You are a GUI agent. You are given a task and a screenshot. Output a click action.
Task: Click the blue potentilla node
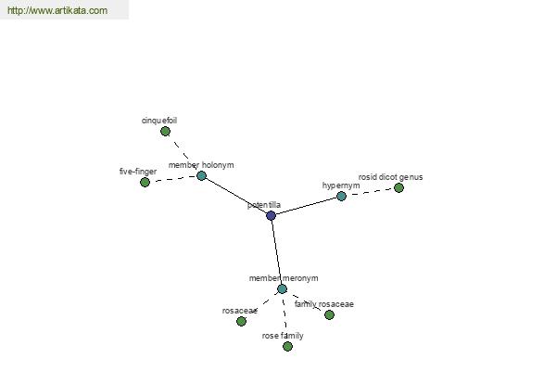[x=271, y=215]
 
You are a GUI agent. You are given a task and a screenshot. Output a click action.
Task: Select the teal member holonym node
[x=201, y=175]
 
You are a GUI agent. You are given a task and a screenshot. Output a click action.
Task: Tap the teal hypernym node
[x=341, y=196]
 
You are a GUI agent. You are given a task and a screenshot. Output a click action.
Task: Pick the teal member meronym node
[x=282, y=288]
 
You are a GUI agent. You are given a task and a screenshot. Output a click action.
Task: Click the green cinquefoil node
[x=165, y=132]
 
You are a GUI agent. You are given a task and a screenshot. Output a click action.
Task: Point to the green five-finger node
[x=145, y=182]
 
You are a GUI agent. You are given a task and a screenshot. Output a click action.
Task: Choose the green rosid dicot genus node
[x=398, y=187]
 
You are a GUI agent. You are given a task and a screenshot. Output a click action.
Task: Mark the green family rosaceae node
[x=329, y=314]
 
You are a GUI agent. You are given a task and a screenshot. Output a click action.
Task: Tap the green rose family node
[x=287, y=346]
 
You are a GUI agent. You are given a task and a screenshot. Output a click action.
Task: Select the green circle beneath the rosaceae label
[x=241, y=321]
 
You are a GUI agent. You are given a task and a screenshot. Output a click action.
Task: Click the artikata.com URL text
[x=57, y=10]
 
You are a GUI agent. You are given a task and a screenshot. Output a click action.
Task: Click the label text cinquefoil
[x=159, y=121]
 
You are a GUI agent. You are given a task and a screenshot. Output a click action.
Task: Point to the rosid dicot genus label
[x=390, y=177]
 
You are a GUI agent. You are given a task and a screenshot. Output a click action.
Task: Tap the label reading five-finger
[x=138, y=172]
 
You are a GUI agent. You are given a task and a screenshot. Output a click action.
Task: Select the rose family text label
[x=283, y=336]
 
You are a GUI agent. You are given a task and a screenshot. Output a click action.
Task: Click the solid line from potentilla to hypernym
[x=306, y=206]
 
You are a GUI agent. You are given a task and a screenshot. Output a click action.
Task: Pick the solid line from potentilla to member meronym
[x=276, y=252]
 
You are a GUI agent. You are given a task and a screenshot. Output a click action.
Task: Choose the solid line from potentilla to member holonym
[x=236, y=196]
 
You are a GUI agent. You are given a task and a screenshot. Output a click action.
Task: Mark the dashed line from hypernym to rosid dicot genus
[x=370, y=192]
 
